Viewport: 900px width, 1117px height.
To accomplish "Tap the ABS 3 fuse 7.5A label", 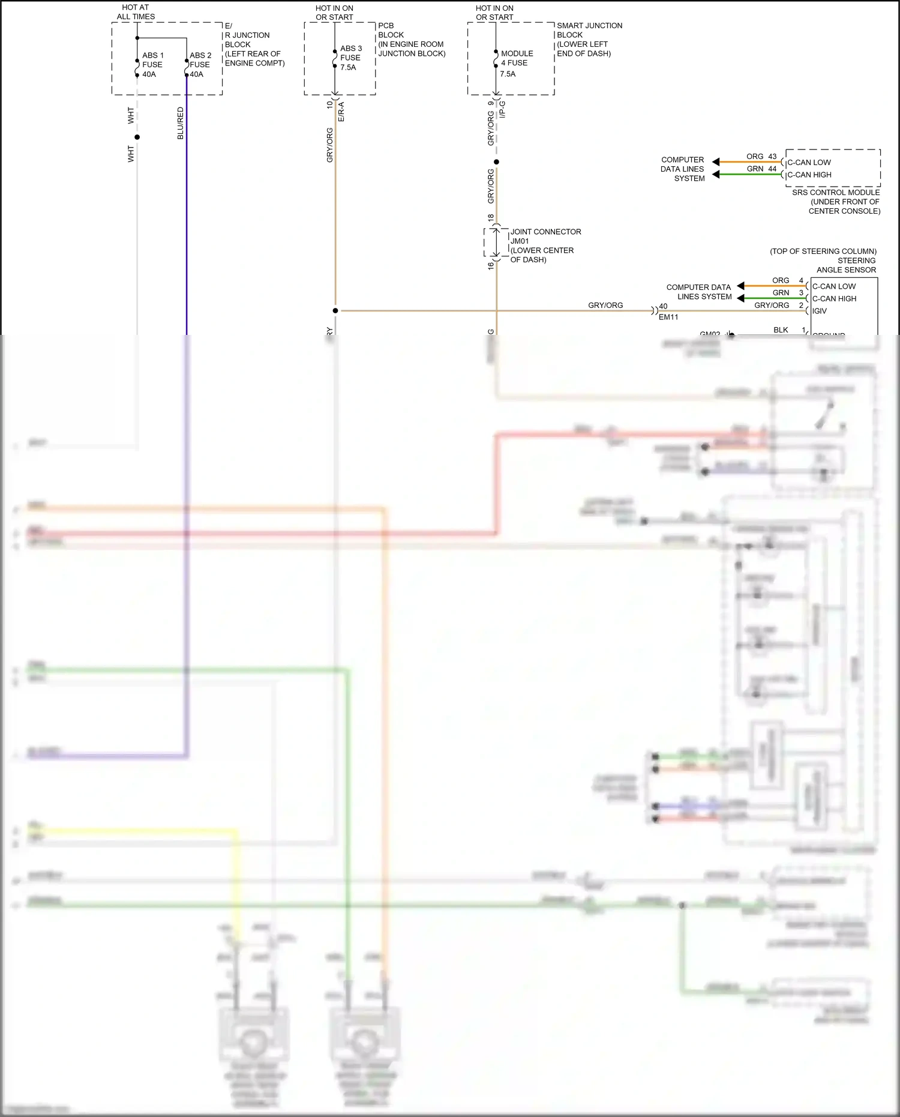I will (351, 58).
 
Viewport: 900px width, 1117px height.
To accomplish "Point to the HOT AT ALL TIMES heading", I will (136, 12).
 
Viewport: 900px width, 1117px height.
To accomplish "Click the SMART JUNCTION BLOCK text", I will (589, 39).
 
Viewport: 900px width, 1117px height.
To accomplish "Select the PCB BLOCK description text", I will (411, 40).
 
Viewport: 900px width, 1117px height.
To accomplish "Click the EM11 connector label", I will (668, 317).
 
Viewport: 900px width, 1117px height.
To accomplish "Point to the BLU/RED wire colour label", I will (181, 124).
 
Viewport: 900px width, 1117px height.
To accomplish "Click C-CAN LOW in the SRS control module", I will (809, 163).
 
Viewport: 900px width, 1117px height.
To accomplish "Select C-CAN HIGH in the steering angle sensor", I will (834, 299).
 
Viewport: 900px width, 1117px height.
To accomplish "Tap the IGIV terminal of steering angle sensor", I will (820, 311).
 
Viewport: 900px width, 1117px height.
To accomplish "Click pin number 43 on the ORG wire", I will (772, 156).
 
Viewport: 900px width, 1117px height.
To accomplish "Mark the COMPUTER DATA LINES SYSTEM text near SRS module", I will (683, 169).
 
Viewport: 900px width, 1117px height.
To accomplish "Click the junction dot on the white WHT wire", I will (137, 137).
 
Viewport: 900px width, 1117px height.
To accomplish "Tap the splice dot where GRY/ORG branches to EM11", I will (335, 310).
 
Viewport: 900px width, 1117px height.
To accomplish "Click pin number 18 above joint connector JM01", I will (491, 217).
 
